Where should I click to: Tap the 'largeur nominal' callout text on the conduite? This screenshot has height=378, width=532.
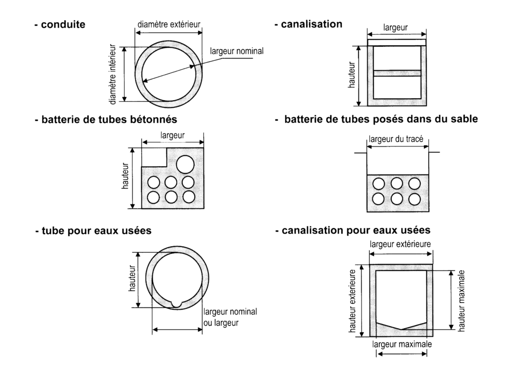[x=237, y=51]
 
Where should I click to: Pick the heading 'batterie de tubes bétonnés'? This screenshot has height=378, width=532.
[x=106, y=119]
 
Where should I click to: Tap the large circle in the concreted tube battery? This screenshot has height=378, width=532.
[x=185, y=164]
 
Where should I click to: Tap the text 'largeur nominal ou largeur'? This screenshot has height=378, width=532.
[x=230, y=317]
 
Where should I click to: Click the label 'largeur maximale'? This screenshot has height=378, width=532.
[x=402, y=344]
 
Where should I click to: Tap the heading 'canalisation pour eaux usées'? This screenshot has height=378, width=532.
[x=353, y=230]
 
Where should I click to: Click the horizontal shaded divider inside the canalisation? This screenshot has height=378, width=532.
[x=397, y=73]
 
